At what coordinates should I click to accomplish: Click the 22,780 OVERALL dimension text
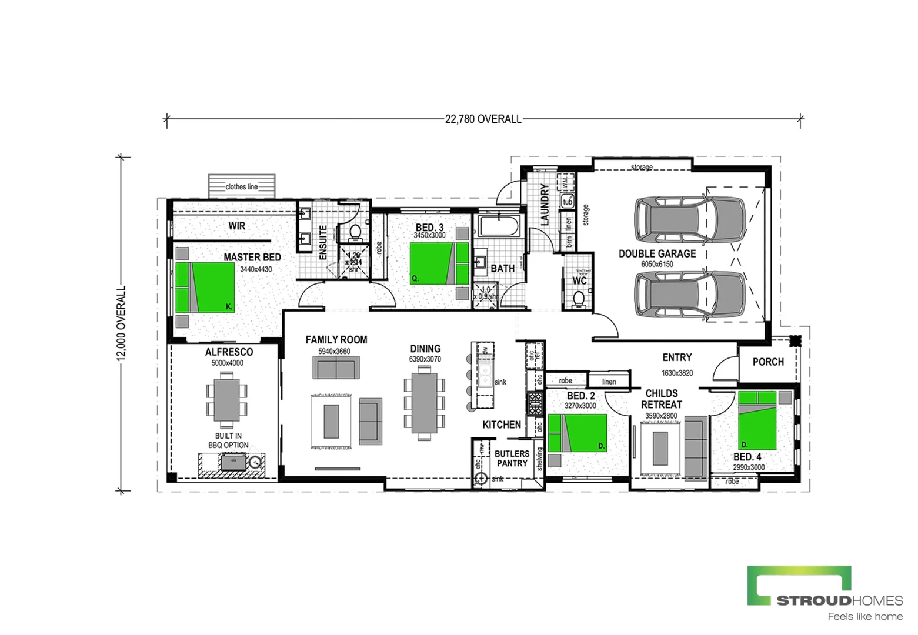(483, 119)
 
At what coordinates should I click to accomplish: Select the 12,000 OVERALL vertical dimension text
(122, 323)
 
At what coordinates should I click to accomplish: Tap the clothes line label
(242, 187)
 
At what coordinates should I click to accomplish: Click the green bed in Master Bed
(205, 287)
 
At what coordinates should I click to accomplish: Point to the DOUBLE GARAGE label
(657, 253)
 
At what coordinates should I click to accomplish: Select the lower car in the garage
(689, 294)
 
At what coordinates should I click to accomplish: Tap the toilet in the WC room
(579, 299)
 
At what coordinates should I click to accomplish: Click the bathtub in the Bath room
(499, 226)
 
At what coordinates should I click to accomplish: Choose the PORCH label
(768, 362)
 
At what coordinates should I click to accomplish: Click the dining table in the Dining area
(424, 403)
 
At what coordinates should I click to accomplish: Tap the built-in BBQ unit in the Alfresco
(233, 462)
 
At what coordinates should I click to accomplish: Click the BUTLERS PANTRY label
(512, 459)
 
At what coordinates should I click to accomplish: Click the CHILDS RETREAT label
(662, 399)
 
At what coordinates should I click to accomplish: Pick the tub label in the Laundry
(568, 202)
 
